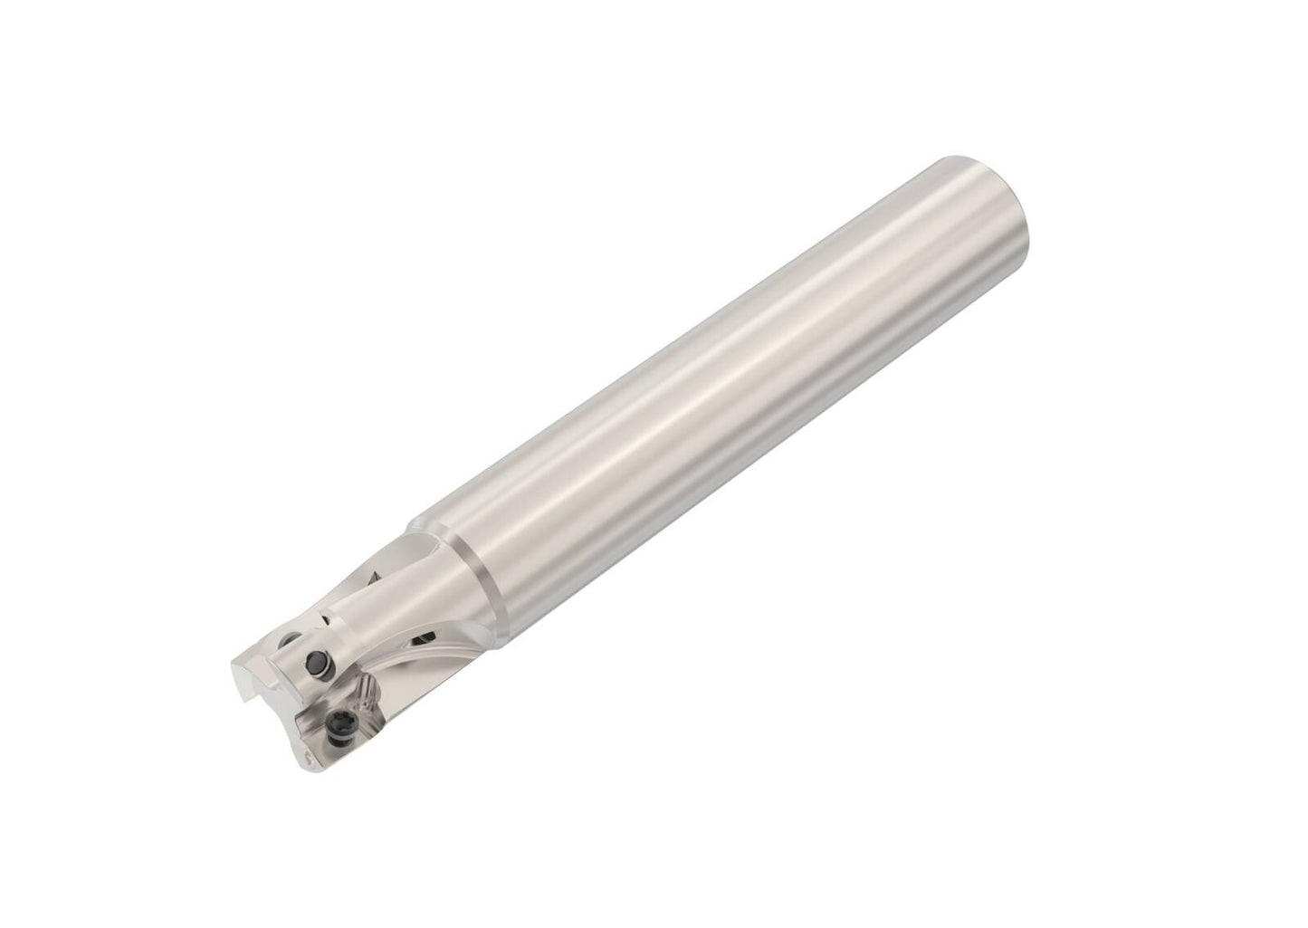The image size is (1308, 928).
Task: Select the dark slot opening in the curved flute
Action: click(x=422, y=640)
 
